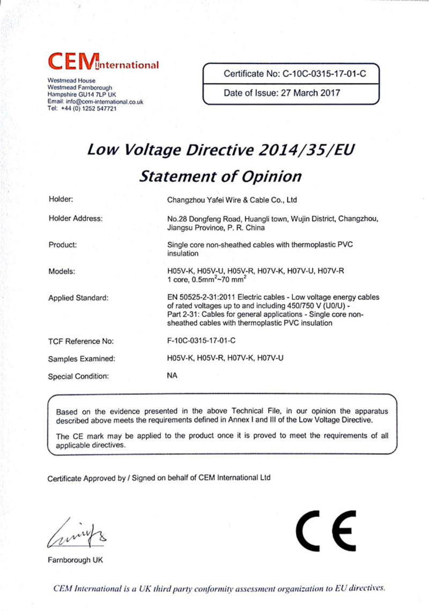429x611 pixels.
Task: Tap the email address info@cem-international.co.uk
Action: [101, 101]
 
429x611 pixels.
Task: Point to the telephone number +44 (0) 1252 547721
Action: [90, 108]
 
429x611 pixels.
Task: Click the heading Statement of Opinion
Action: [220, 176]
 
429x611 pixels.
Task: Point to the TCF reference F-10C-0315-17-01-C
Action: [202, 341]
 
